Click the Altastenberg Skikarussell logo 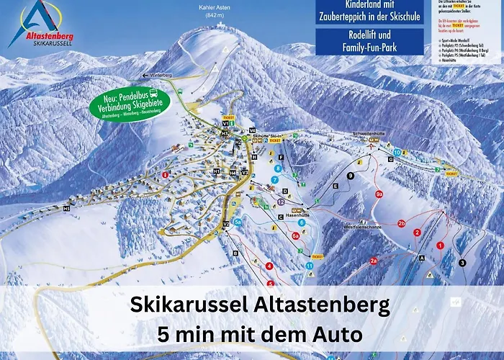point(41,25)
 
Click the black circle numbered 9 point(351,176)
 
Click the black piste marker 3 point(462,263)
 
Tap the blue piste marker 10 point(397,153)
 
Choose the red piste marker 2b point(401,223)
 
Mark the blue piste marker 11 point(309,265)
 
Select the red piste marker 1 point(440,246)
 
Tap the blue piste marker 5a point(237,222)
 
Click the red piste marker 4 point(269,266)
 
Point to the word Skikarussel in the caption point(189,305)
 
